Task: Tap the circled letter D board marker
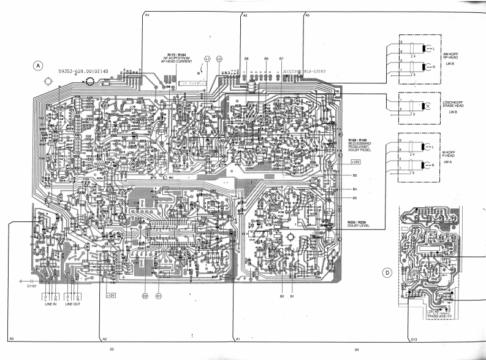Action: point(387,273)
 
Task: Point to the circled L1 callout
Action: point(207,58)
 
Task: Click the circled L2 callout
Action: point(219,58)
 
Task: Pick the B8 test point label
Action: point(246,58)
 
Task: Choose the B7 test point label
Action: point(281,58)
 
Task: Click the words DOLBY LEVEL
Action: point(358,224)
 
